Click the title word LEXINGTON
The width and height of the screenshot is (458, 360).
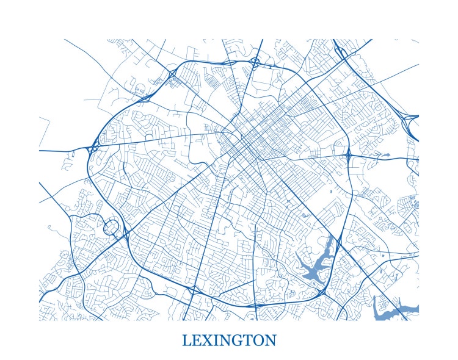click(229, 340)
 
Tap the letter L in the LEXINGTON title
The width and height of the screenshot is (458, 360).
click(186, 340)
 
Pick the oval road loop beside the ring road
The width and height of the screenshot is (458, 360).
click(112, 228)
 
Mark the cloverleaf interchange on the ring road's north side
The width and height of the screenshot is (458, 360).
click(255, 62)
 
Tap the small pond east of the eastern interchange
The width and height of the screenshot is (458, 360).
click(384, 156)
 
